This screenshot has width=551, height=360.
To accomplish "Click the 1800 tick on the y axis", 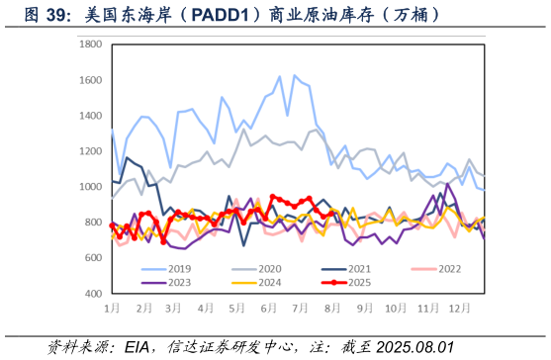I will [90, 45].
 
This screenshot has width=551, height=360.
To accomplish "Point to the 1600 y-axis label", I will [90, 81].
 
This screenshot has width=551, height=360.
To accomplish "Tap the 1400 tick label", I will [90, 117].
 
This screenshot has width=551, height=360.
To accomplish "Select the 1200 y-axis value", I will [90, 151].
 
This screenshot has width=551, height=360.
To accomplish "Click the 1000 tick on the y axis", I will [90, 187].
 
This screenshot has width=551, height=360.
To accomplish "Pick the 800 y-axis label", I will [93, 223].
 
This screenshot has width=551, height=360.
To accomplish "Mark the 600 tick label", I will [93, 258].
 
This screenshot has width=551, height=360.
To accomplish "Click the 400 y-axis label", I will [93, 294].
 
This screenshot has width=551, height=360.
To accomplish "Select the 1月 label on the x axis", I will [113, 309].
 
